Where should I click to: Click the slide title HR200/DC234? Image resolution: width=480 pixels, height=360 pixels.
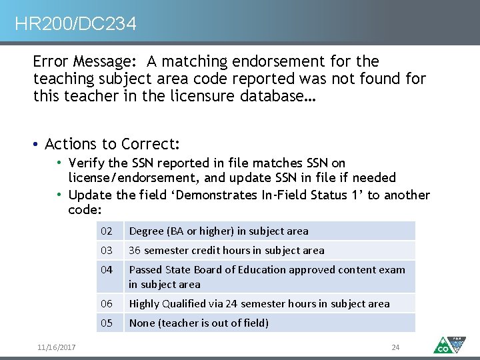coord(75,25)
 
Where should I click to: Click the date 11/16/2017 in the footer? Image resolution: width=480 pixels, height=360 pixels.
coord(57,347)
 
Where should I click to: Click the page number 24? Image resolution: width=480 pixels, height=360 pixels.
coord(395,347)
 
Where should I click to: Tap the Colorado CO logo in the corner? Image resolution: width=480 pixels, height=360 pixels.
coord(448,344)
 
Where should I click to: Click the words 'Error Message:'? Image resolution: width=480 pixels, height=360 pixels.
coord(85,62)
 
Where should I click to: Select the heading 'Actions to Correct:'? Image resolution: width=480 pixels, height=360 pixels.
coord(113,144)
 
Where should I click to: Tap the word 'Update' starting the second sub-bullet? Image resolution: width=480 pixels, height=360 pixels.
coord(91,195)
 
